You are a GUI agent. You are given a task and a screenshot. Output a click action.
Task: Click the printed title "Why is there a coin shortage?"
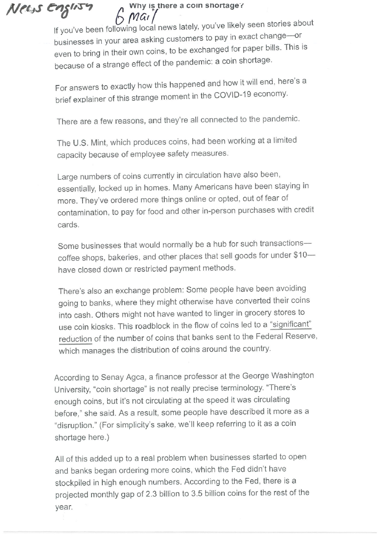pyautogui.click(x=186, y=6)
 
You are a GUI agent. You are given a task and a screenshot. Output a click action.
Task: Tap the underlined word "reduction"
pyautogui.click(x=75, y=339)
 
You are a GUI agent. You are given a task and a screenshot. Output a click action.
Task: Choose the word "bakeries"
pyautogui.click(x=115, y=257)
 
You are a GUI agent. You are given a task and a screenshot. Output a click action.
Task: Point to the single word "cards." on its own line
pyautogui.click(x=68, y=225)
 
